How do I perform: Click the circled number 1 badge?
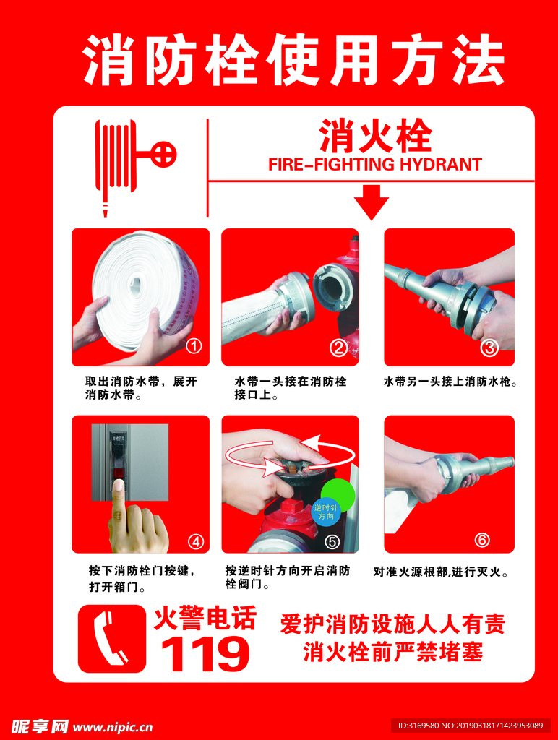coord(194,346)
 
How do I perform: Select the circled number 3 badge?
coord(489,348)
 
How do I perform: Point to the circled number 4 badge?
coord(196,541)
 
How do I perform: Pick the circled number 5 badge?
coord(332,541)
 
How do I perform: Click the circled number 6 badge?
coord(482,540)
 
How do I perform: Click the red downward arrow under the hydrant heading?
coord(372,202)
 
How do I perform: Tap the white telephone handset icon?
coord(110,638)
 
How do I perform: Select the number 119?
coord(205,653)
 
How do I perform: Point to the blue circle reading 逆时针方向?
coord(325,512)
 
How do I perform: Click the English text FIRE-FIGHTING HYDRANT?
coord(375,164)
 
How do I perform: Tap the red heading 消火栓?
coord(375,136)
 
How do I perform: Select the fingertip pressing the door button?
coord(119,486)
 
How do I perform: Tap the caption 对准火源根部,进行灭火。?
coord(441,572)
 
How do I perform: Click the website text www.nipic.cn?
coord(112,726)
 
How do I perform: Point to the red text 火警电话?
coord(205,619)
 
